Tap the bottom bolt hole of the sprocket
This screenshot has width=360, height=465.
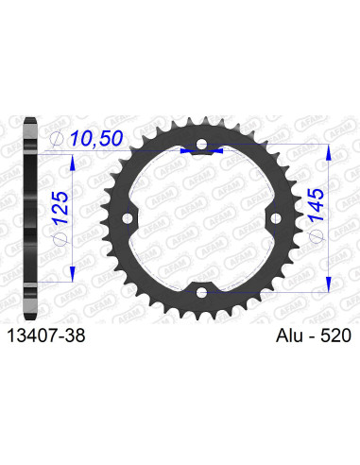pyautogui.click(x=200, y=292)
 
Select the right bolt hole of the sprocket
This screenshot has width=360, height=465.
pyautogui.click(x=273, y=219)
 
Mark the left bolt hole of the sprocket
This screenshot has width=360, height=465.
pyautogui.click(x=128, y=219)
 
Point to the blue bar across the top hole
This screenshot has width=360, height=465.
pyautogui.click(x=200, y=149)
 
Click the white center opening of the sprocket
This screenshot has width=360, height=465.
pyautogui.click(x=200, y=219)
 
